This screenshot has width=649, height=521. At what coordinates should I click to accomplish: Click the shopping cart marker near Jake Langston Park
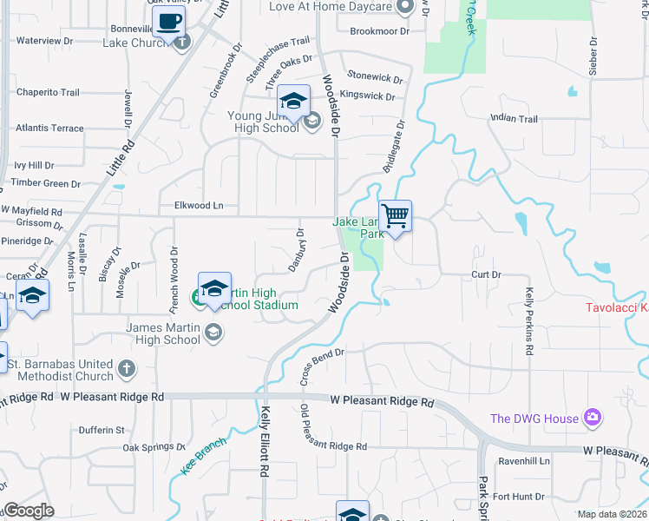click(x=395, y=214)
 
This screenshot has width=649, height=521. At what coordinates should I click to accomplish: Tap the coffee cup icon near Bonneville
click(x=168, y=21)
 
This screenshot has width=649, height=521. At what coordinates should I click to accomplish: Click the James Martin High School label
click(x=163, y=333)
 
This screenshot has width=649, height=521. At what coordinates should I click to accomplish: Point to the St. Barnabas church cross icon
click(x=127, y=369)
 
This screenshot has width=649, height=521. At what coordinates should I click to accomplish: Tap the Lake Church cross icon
click(x=181, y=43)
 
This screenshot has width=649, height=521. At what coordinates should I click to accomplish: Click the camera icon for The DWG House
click(x=593, y=419)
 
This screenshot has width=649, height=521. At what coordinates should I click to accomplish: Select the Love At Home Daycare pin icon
click(x=403, y=7)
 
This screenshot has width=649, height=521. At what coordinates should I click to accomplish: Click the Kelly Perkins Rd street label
click(x=528, y=321)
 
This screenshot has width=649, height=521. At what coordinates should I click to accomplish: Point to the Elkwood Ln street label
click(x=199, y=206)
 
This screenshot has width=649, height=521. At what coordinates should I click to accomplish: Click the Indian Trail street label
click(x=514, y=119)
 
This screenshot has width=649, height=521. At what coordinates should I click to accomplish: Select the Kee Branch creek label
click(x=204, y=456)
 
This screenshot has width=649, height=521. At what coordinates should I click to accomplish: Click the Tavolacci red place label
click(x=616, y=307)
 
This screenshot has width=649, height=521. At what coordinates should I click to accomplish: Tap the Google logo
click(x=29, y=511)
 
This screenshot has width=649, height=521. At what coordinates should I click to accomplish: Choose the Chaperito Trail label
click(x=48, y=92)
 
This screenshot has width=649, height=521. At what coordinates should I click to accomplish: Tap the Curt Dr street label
click(x=485, y=274)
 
